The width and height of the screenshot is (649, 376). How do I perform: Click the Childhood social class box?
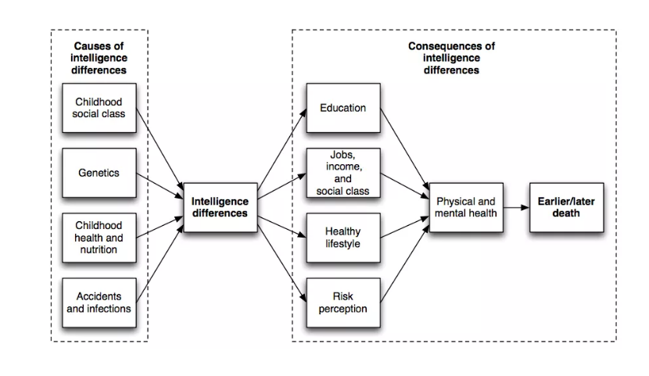click(99, 108)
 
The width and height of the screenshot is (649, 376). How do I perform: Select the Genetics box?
click(99, 173)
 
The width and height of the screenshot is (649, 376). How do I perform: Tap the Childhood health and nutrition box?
click(99, 238)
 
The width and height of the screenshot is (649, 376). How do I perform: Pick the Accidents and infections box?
click(99, 303)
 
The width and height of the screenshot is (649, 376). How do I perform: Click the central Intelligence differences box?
click(220, 207)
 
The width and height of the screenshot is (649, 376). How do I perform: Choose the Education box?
click(342, 108)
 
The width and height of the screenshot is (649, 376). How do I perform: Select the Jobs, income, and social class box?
click(342, 173)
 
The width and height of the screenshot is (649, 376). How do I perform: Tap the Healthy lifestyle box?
click(342, 238)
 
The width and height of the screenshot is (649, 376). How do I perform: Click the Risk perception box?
click(342, 303)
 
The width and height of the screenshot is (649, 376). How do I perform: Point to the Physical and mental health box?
click(466, 207)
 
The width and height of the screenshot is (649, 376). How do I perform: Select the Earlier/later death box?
click(566, 207)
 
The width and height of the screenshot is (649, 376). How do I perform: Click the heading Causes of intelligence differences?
click(99, 58)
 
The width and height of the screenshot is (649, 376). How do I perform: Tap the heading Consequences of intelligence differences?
click(451, 58)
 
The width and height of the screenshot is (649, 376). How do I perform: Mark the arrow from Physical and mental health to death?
click(516, 208)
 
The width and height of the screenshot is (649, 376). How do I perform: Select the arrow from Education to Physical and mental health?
click(404, 149)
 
